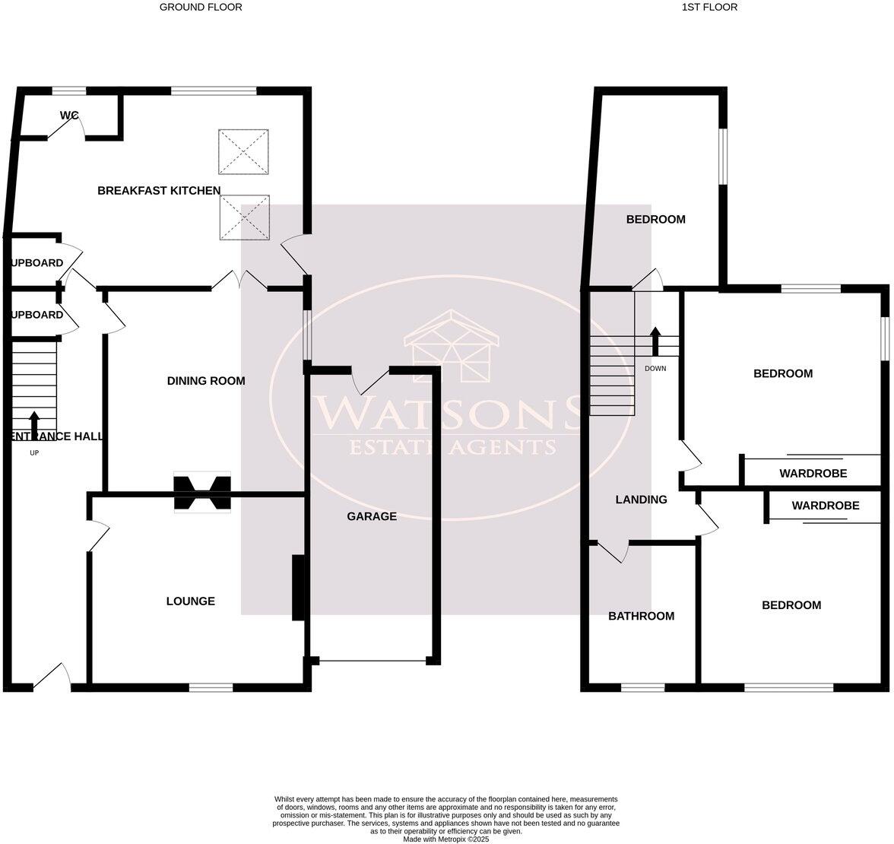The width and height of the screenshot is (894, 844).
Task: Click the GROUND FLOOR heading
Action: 201,8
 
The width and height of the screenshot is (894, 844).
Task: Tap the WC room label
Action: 70,116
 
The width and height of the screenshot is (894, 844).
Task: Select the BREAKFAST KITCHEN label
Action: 159,191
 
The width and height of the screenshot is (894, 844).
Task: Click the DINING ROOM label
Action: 206,381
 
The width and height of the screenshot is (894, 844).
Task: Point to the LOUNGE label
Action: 191,601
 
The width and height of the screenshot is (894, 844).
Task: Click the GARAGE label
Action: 372,517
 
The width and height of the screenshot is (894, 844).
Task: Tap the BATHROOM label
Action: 641,617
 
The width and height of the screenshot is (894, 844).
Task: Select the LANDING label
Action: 641,500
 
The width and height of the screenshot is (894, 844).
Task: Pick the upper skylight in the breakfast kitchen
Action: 244,151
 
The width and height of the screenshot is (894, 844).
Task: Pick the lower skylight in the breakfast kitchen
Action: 244,217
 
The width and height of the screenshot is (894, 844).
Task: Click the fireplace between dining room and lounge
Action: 202,493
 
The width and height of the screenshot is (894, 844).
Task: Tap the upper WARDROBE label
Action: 813,474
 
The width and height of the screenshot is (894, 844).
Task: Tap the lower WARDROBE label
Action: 825,506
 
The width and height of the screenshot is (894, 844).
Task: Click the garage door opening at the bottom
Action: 372,661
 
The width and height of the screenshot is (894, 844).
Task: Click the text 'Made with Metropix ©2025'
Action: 446,839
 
